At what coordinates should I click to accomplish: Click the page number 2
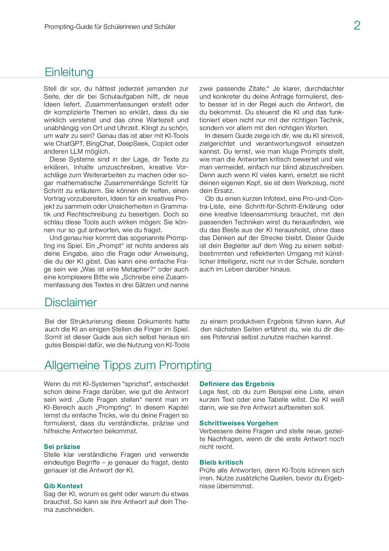[x=357, y=25]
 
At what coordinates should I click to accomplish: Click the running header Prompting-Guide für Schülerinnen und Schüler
[x=110, y=27]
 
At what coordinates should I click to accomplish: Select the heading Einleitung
[x=69, y=72]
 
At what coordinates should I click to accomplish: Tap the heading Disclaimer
[x=71, y=302]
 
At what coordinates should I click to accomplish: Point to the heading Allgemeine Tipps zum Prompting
[x=128, y=365]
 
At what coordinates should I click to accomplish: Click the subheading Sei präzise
[x=62, y=447]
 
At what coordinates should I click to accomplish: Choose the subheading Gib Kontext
[x=63, y=486]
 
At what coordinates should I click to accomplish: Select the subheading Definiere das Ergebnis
[x=237, y=384]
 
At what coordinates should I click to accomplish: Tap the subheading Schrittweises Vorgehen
[x=239, y=423]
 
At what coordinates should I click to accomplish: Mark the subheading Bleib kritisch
[x=221, y=462]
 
